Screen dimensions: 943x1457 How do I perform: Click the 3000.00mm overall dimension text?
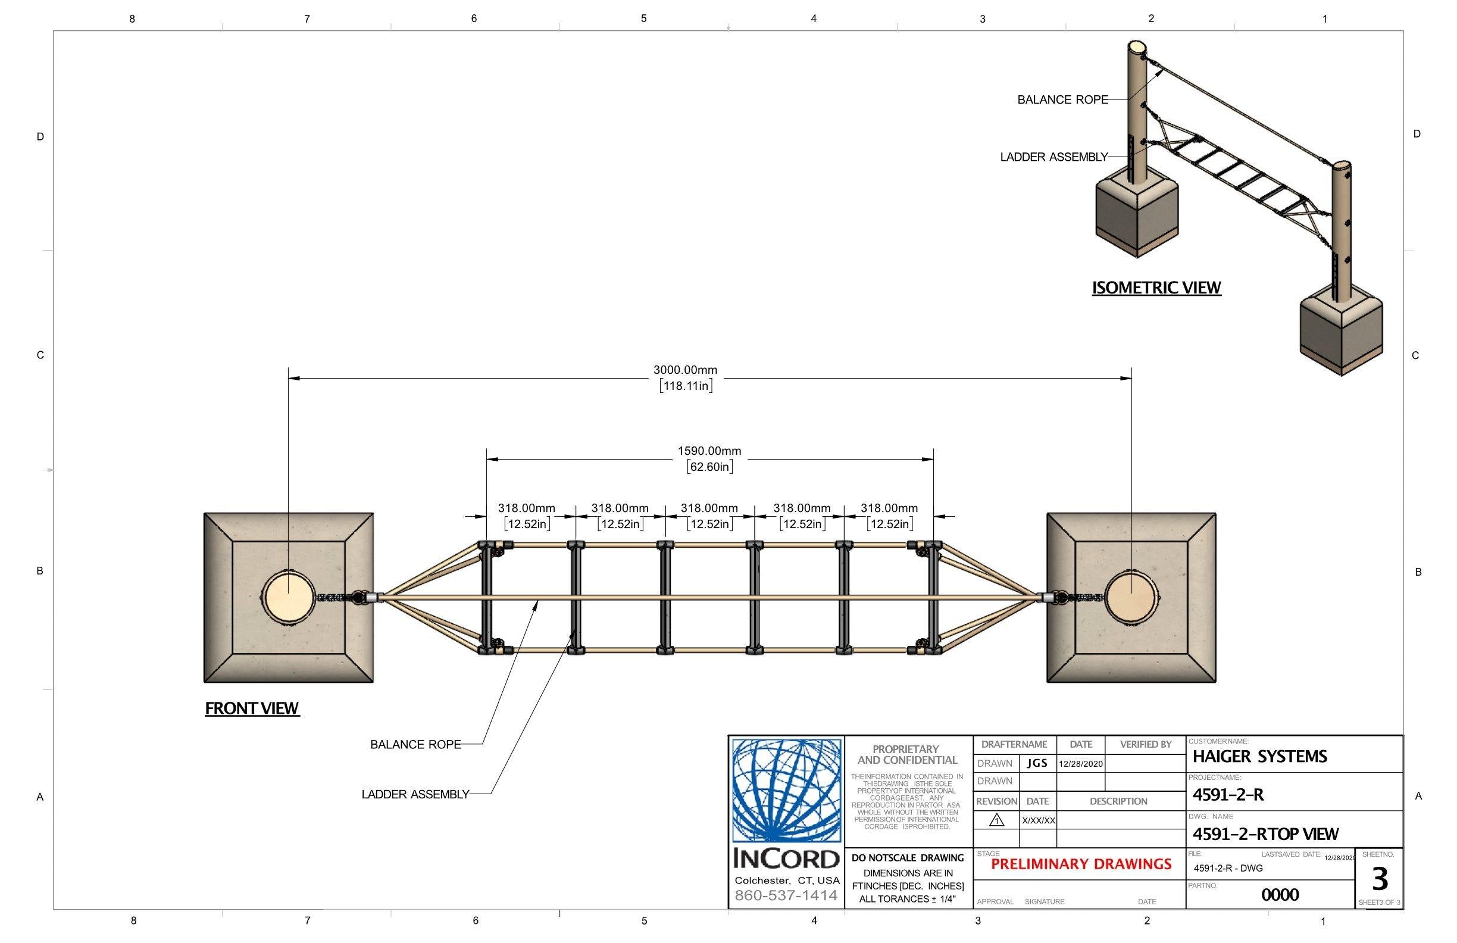(x=685, y=370)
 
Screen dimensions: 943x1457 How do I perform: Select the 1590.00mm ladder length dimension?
(x=709, y=451)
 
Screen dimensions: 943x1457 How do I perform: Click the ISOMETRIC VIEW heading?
(x=1156, y=288)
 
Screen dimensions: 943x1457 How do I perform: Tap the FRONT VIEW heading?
(x=252, y=708)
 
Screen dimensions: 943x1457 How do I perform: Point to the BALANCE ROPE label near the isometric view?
(x=1062, y=100)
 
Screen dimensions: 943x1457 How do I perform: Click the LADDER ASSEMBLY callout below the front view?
(x=415, y=795)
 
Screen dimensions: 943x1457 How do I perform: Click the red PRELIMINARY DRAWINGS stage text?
(x=1081, y=864)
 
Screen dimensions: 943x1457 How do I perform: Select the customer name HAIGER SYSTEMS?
(x=1259, y=757)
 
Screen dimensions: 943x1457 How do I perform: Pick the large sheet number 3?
(x=1379, y=879)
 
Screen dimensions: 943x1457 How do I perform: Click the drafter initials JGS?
(x=1037, y=764)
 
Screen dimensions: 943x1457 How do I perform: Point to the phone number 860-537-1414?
(x=786, y=896)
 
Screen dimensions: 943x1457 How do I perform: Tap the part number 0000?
(x=1280, y=895)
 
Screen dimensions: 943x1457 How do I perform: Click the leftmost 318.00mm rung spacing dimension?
(x=527, y=508)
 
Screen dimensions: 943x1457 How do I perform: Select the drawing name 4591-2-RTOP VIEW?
(x=1265, y=834)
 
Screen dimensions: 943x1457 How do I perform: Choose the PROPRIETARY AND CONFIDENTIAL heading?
(x=906, y=755)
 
